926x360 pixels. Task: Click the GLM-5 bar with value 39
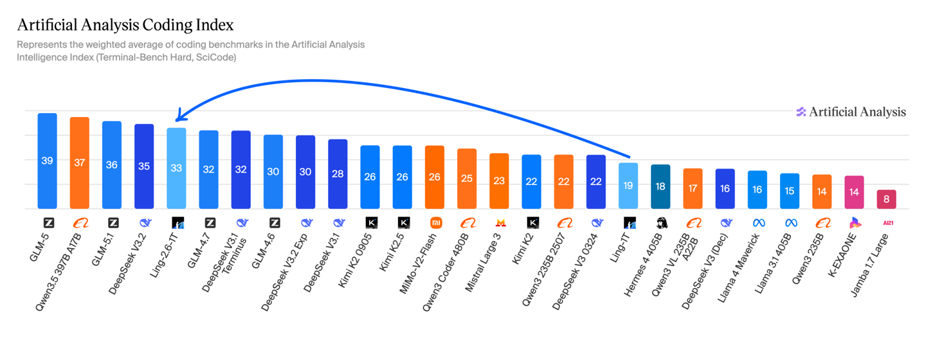tap(47, 161)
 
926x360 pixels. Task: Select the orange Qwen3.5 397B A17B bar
tap(79, 163)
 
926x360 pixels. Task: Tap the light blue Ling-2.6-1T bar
tap(176, 168)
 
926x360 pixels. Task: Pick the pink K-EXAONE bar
tap(854, 192)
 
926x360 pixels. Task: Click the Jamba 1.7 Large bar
tap(886, 199)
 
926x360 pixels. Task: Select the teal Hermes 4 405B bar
tap(660, 186)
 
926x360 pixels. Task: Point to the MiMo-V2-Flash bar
tap(435, 177)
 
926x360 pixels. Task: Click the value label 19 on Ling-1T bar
tap(628, 186)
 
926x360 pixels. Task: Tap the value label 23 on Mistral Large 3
tap(499, 181)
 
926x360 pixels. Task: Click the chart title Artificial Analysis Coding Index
tap(125, 25)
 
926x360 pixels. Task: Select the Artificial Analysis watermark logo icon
tap(801, 112)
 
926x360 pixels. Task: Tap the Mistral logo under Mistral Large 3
tap(500, 223)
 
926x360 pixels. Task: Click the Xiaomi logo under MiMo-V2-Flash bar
tap(435, 223)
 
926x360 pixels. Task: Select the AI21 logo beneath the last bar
tap(887, 223)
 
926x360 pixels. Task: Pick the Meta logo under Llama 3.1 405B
tap(790, 223)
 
